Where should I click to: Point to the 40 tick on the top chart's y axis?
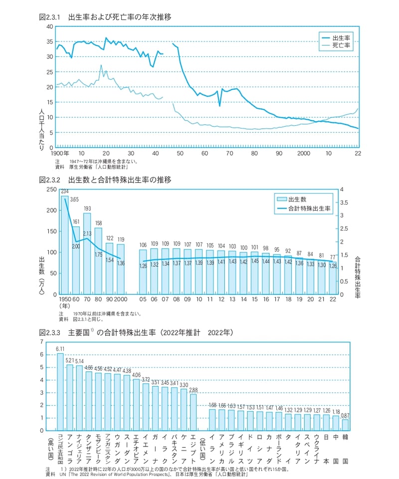[49, 26]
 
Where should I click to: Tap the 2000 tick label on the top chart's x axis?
[303, 153]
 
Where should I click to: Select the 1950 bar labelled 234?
[65, 244]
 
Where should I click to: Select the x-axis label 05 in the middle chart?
[143, 300]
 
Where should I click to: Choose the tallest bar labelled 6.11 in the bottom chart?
[60, 392]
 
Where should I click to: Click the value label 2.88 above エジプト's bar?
[194, 390]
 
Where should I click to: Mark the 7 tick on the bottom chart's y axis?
[42, 342]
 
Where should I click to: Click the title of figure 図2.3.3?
[135, 332]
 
